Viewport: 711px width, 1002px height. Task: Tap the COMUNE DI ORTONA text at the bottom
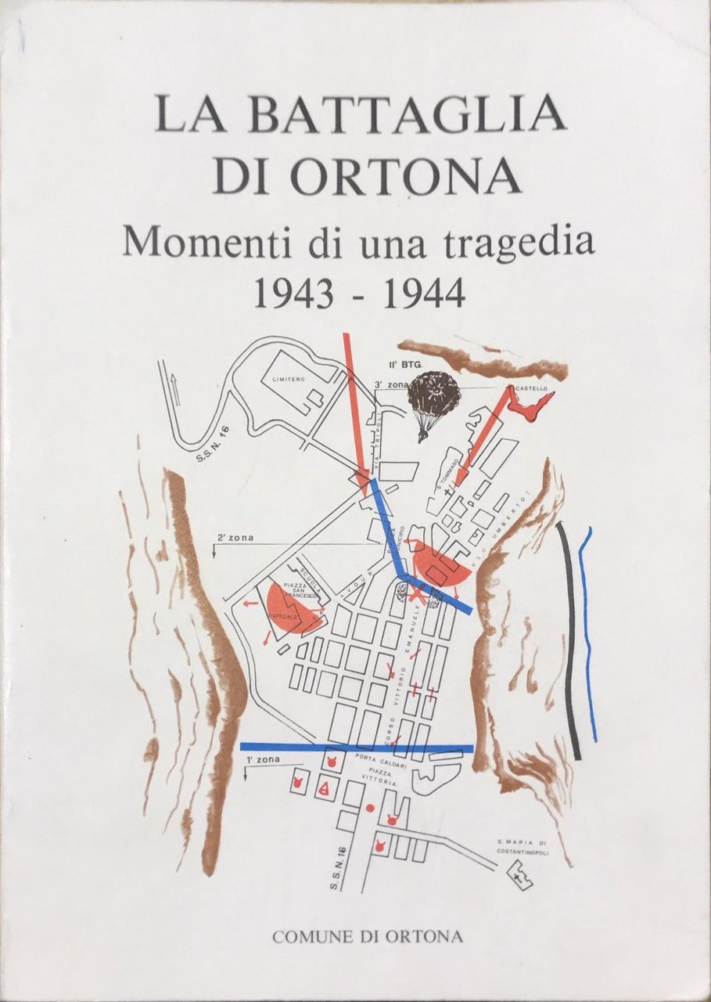(367, 935)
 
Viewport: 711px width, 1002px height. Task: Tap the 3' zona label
(388, 384)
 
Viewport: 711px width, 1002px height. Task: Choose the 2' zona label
(234, 538)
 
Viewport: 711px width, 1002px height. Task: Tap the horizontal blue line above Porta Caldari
(356, 747)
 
